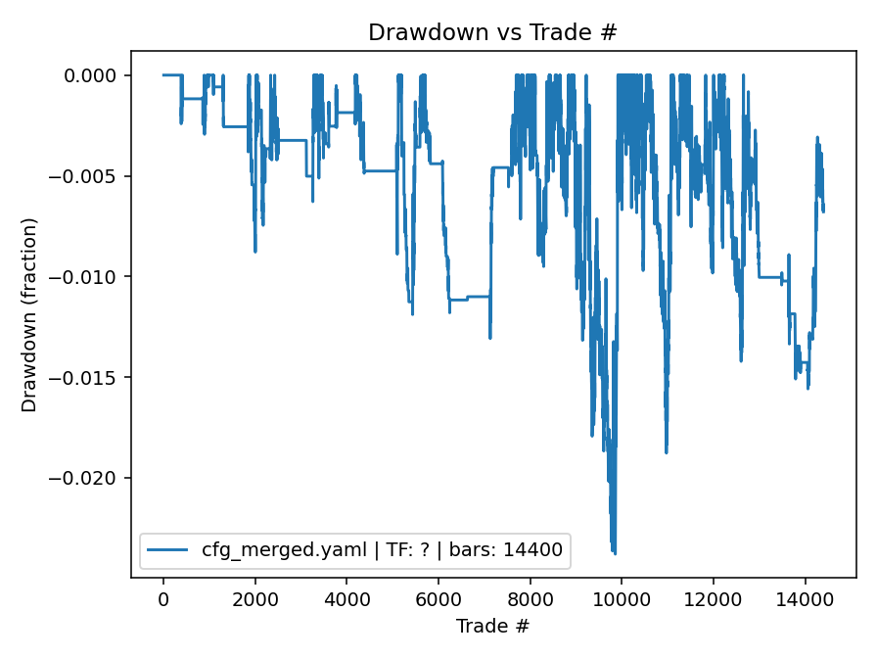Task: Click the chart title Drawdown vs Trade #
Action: coord(492,32)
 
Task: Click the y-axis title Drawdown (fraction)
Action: coord(29,314)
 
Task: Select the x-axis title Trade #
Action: coord(492,624)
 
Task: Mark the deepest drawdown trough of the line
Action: coord(615,553)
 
